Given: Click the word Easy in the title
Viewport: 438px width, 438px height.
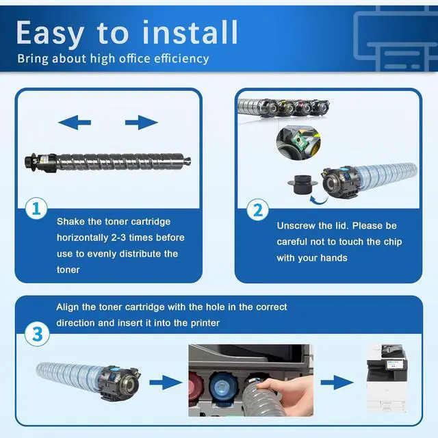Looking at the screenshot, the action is [x=50, y=33].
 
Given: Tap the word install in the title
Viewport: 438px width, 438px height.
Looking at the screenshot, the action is [x=190, y=32].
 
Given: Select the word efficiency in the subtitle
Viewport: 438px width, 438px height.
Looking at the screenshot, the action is [x=181, y=59].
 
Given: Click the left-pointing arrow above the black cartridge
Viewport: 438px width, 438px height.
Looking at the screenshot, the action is [x=75, y=123].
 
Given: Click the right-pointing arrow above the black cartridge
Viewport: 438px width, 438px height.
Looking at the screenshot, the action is [x=142, y=123].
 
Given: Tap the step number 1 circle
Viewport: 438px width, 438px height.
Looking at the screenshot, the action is [x=36, y=208].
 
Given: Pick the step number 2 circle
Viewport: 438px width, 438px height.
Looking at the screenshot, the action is [x=258, y=210].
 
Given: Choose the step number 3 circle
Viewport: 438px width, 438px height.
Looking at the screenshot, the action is [x=37, y=334].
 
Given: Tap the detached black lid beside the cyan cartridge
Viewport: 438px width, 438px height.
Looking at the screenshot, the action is [x=302, y=184].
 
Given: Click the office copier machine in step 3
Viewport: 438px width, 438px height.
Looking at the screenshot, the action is [x=387, y=378].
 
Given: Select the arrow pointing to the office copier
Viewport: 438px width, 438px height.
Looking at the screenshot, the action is [x=337, y=383].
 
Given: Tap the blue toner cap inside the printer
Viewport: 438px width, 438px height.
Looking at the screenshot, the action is [x=223, y=386].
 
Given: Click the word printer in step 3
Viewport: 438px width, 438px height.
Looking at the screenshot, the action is [x=205, y=323].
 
